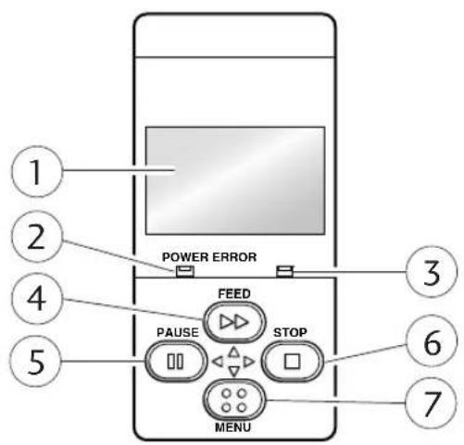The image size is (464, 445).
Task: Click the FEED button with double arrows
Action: tap(234, 322)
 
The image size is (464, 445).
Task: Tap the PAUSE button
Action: tap(176, 361)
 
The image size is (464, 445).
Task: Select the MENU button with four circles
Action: tap(234, 401)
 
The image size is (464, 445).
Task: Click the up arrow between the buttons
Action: tap(234, 352)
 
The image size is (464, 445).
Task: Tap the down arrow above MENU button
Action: tap(234, 371)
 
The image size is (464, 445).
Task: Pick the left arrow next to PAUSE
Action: tap(218, 362)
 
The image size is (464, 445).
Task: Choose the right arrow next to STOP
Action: tap(249, 362)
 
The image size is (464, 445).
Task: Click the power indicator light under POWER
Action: tap(185, 271)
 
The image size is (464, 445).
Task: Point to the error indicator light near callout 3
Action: tap(284, 271)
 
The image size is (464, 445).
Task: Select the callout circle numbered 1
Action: tap(37, 171)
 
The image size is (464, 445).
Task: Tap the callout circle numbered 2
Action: tap(37, 237)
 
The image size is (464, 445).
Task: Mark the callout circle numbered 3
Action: tap(432, 272)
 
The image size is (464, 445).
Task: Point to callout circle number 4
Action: tap(37, 299)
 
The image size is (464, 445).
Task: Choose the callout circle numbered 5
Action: tap(36, 361)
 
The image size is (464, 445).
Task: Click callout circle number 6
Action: tap(432, 341)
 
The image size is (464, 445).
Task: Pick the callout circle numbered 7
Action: tap(432, 403)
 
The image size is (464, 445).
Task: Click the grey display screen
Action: tap(235, 180)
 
